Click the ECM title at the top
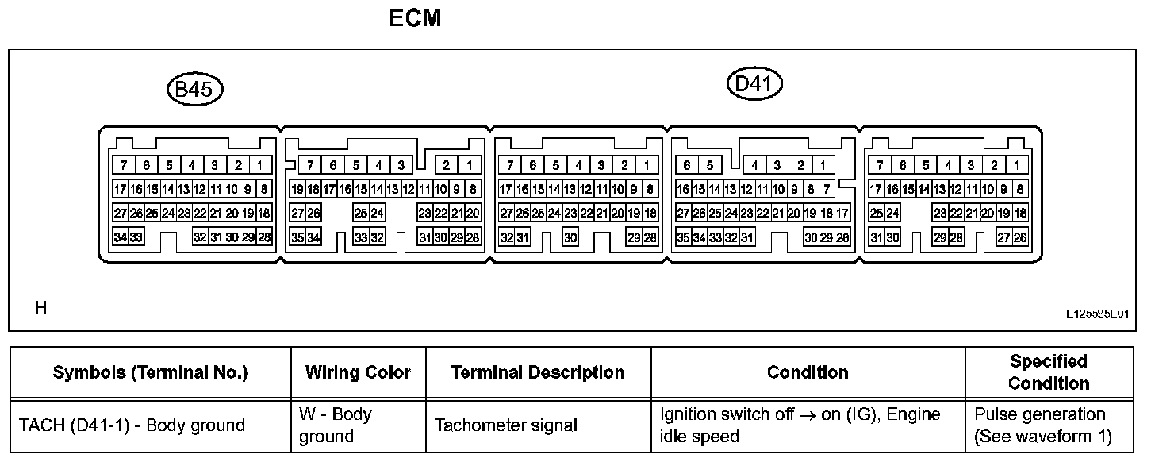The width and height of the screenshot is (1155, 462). coord(415,18)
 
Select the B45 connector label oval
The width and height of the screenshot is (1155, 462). coord(194,90)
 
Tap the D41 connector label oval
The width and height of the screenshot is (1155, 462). coord(754,83)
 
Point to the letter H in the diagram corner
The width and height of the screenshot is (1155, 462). coord(40,308)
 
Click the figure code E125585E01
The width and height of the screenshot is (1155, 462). coord(1097,314)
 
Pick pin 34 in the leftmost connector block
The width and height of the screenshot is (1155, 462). coord(121,237)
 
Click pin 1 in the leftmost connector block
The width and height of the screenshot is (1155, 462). coord(261,166)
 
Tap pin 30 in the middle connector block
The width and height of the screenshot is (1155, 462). coord(570,237)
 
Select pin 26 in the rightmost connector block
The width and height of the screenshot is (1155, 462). coord(1020,237)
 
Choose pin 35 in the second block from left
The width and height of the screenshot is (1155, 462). coord(297,237)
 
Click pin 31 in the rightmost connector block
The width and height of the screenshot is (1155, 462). coord(877,237)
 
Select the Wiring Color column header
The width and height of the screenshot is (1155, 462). coord(358,372)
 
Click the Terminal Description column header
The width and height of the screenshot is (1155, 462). coord(538,372)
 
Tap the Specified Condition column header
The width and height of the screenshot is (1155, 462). coord(1049,372)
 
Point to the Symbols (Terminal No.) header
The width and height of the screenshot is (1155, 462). coord(150,372)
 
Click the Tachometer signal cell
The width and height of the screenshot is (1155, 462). coord(506,425)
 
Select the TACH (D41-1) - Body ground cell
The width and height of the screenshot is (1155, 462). coord(132,425)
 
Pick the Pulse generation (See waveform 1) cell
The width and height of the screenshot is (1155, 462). coord(1043,425)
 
